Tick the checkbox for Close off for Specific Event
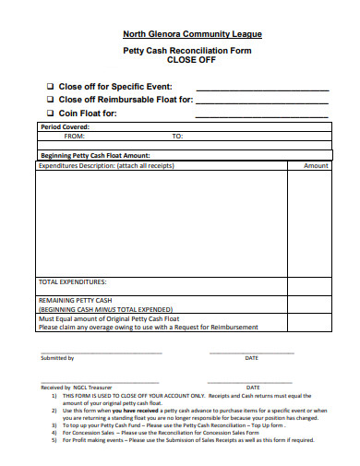click(50, 85)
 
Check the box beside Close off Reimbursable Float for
click(50, 100)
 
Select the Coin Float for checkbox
click(50, 114)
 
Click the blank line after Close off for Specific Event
click(263, 89)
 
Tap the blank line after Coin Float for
click(263, 117)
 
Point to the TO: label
click(177, 136)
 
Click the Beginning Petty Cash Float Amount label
click(96, 156)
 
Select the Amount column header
click(316, 166)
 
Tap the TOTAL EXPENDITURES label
click(72, 281)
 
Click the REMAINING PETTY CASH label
click(76, 301)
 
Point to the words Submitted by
click(57, 358)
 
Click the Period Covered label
click(64, 127)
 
